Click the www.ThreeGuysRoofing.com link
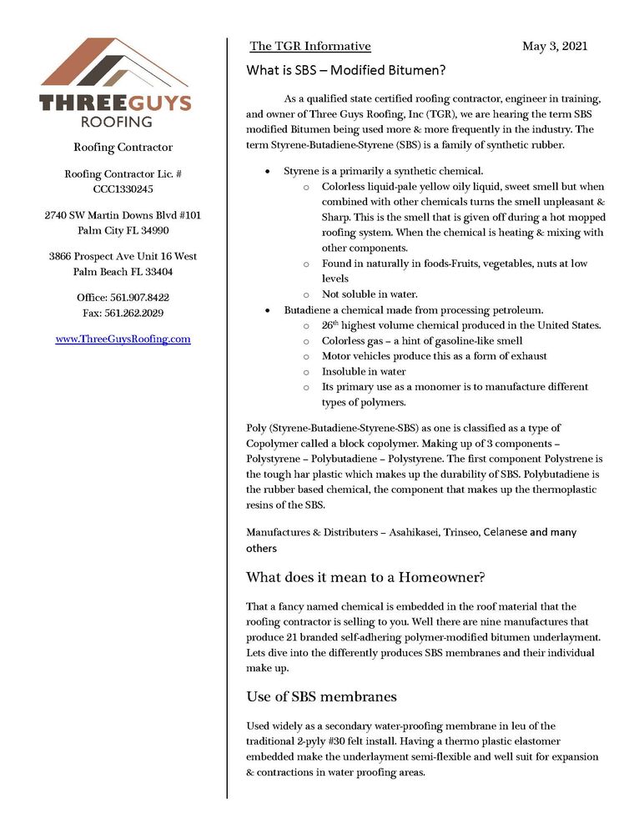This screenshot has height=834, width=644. (123, 339)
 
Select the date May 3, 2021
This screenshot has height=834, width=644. (555, 46)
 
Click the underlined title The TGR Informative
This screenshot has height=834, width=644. (310, 46)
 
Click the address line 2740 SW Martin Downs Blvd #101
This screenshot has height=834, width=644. (123, 215)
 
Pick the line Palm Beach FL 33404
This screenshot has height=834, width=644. (123, 271)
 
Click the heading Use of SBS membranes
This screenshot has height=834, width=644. (321, 696)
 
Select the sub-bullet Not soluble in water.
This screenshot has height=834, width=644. (370, 294)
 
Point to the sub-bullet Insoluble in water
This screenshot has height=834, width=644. (364, 371)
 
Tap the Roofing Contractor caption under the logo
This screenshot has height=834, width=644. (123, 148)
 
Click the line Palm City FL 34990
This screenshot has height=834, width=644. (123, 230)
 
